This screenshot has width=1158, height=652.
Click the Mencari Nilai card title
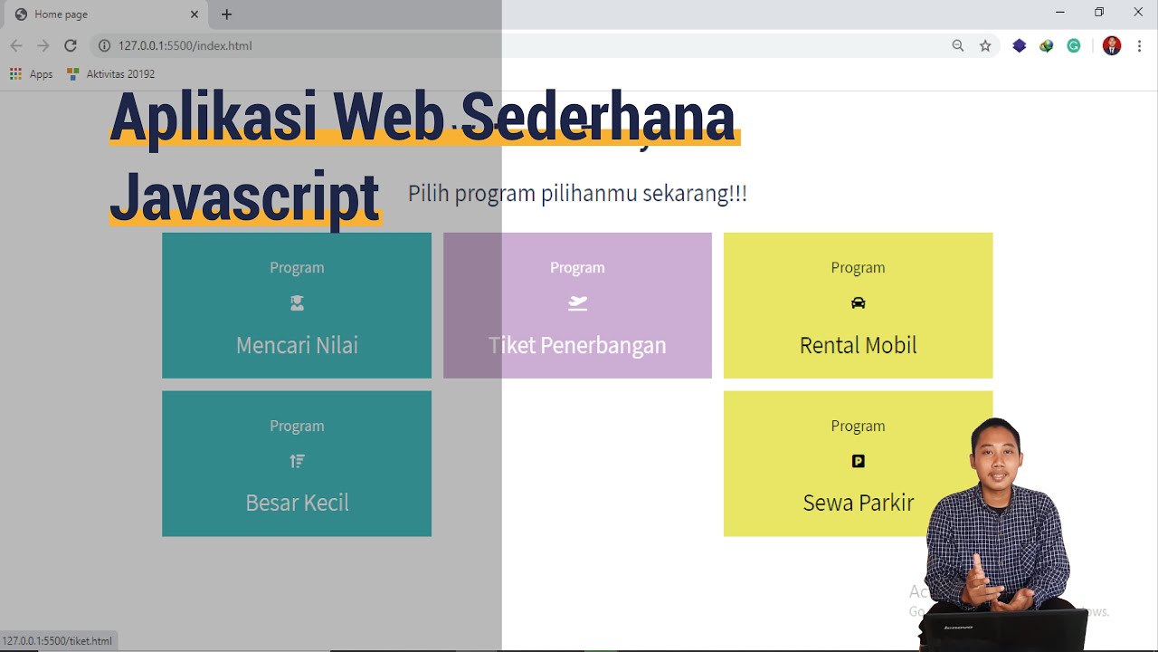(297, 345)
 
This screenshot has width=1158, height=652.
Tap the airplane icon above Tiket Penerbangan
(577, 303)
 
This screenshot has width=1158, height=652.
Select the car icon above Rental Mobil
(858, 303)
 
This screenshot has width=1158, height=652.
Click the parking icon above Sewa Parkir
(858, 461)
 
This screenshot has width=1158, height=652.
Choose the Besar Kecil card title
(297, 503)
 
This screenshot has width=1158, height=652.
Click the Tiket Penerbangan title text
(577, 345)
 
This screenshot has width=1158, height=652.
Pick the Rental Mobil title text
(858, 345)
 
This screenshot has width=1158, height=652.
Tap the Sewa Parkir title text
(858, 503)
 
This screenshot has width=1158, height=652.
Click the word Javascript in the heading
(244, 197)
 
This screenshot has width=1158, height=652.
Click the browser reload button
(71, 45)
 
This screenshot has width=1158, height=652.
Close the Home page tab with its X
(195, 14)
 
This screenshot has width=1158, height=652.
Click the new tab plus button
(226, 14)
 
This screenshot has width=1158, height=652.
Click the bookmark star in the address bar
(985, 46)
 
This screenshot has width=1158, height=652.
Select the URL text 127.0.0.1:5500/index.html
(185, 45)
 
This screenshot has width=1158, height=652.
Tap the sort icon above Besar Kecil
(297, 461)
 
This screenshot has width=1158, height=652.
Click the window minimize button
(1060, 13)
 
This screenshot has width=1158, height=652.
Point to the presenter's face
(996, 453)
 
